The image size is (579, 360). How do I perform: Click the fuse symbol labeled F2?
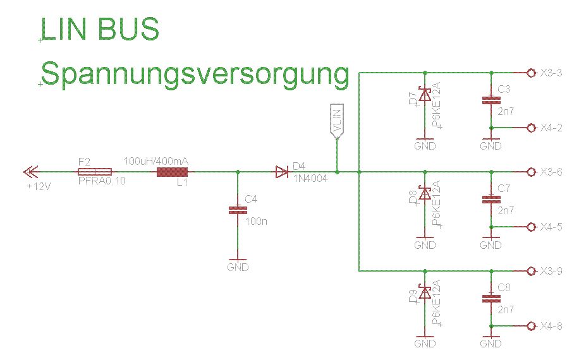[x=95, y=172]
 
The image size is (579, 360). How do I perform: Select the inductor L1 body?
[x=172, y=172]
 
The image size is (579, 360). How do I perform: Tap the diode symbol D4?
[x=282, y=172]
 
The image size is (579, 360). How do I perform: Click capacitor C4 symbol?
[x=238, y=211]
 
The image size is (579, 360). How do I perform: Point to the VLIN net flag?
[x=337, y=120]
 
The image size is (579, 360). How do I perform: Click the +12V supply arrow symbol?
[x=30, y=172]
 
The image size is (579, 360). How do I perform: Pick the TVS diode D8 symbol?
[x=425, y=194]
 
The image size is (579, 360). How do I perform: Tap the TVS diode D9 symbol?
[x=425, y=292]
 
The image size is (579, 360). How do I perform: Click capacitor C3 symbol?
[x=491, y=100]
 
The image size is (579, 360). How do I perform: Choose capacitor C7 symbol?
[x=491, y=199]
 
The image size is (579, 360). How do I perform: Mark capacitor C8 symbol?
[x=491, y=297]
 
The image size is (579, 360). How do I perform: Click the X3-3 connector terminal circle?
[x=531, y=73]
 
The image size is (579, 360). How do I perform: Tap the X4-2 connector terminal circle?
[x=531, y=128]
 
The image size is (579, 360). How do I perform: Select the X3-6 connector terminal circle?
[x=531, y=172]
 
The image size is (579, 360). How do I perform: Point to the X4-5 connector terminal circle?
[x=531, y=227]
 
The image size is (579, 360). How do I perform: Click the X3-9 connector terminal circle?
[x=531, y=271]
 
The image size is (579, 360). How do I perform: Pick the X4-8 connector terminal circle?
[x=531, y=326]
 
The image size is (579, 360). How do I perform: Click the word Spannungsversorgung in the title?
[x=195, y=75]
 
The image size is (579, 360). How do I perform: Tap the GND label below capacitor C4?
[x=238, y=267]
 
